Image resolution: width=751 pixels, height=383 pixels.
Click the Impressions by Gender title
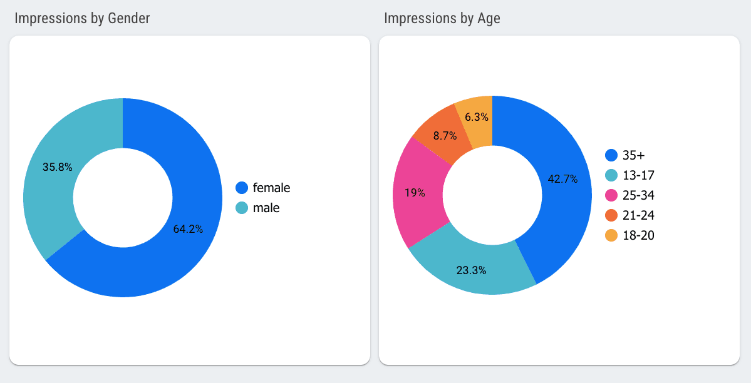coord(82,18)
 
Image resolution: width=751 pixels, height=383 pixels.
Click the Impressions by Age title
coord(442,18)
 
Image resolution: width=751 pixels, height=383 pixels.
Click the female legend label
coord(271,188)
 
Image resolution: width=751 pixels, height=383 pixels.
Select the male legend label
coord(266,208)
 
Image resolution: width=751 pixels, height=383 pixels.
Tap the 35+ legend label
coord(633,155)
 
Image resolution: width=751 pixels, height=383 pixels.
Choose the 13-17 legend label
coord(638,175)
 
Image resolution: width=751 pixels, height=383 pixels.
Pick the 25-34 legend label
coord(638,195)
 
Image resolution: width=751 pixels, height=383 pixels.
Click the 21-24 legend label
coord(638,215)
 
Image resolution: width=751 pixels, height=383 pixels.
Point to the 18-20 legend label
coord(638,235)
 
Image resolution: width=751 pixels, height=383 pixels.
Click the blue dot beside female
coord(242,188)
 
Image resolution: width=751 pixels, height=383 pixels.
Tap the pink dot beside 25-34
coord(611,195)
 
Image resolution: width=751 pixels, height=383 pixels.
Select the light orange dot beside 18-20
coord(611,235)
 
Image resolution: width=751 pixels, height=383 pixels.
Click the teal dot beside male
coord(242,208)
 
